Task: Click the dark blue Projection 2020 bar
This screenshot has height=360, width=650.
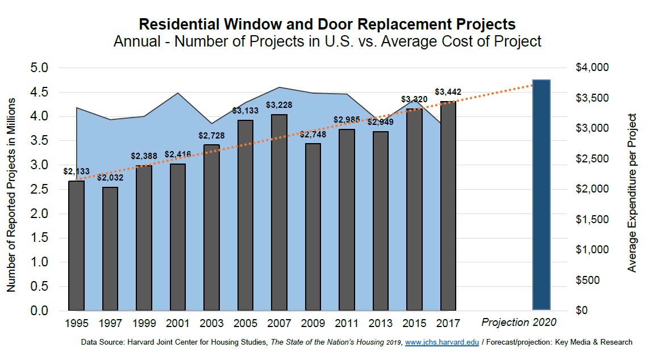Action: tap(541, 195)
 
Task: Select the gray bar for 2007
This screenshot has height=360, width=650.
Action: tap(279, 212)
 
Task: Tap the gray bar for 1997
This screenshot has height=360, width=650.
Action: tap(110, 249)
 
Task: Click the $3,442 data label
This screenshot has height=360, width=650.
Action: tap(448, 91)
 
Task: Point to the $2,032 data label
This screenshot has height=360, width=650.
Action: tap(110, 178)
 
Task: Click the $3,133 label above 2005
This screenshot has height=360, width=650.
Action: tap(245, 111)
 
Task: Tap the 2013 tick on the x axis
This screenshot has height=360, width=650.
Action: tap(381, 323)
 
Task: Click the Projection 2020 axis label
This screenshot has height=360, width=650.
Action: tap(519, 323)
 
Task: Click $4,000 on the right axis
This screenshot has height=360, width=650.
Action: tap(592, 68)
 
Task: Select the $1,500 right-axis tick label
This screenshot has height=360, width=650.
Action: tap(592, 220)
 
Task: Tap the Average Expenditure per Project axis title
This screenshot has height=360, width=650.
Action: tap(632, 192)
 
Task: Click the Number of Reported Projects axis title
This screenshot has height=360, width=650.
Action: tap(11, 195)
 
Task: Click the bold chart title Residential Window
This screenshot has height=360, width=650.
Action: tap(327, 24)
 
